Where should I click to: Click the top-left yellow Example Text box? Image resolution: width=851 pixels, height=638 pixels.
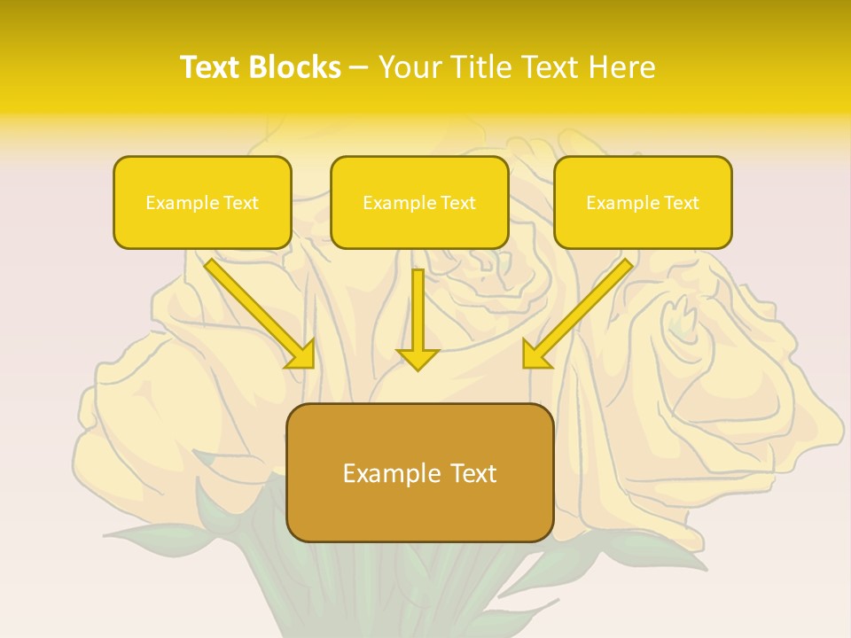pyautogui.click(x=202, y=203)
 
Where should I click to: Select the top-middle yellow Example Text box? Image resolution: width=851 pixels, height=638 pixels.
pyautogui.click(x=419, y=203)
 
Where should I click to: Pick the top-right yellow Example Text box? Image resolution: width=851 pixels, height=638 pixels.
pyautogui.click(x=643, y=203)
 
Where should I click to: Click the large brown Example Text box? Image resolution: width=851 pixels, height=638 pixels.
pyautogui.click(x=419, y=473)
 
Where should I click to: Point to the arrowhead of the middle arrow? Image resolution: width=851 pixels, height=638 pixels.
pyautogui.click(x=418, y=358)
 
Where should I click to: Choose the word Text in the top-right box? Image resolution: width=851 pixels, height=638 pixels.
pyautogui.click(x=681, y=203)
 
